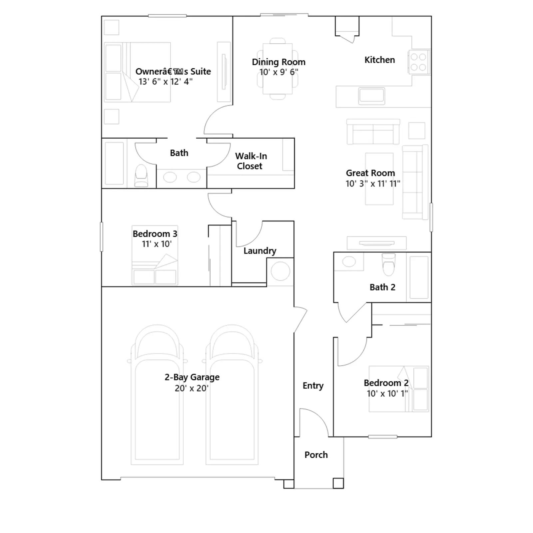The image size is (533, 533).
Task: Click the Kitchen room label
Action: (379, 60)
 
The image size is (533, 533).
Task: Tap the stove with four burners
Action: (419, 62)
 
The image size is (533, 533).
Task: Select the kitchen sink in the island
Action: (371, 96)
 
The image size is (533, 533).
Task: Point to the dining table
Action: (277, 69)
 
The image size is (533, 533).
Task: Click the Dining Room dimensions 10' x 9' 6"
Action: (278, 72)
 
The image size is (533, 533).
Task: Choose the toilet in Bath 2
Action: (388, 265)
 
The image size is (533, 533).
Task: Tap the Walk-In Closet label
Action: (251, 161)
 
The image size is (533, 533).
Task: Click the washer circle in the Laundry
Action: (280, 271)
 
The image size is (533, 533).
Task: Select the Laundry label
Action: (260, 251)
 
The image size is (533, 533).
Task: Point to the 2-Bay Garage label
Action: (192, 377)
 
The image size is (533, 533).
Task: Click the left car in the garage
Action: (157, 395)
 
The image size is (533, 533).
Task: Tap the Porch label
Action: (316, 455)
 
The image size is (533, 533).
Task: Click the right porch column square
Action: (338, 483)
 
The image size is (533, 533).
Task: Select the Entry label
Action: (313, 385)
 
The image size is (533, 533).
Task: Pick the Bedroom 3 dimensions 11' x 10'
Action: (157, 244)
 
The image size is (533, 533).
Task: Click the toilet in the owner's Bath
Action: (141, 176)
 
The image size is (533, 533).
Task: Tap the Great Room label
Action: (370, 173)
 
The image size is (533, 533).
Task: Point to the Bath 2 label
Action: (382, 287)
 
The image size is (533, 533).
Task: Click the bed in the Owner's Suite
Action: (137, 72)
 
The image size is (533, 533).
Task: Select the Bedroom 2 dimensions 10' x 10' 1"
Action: (387, 393)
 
